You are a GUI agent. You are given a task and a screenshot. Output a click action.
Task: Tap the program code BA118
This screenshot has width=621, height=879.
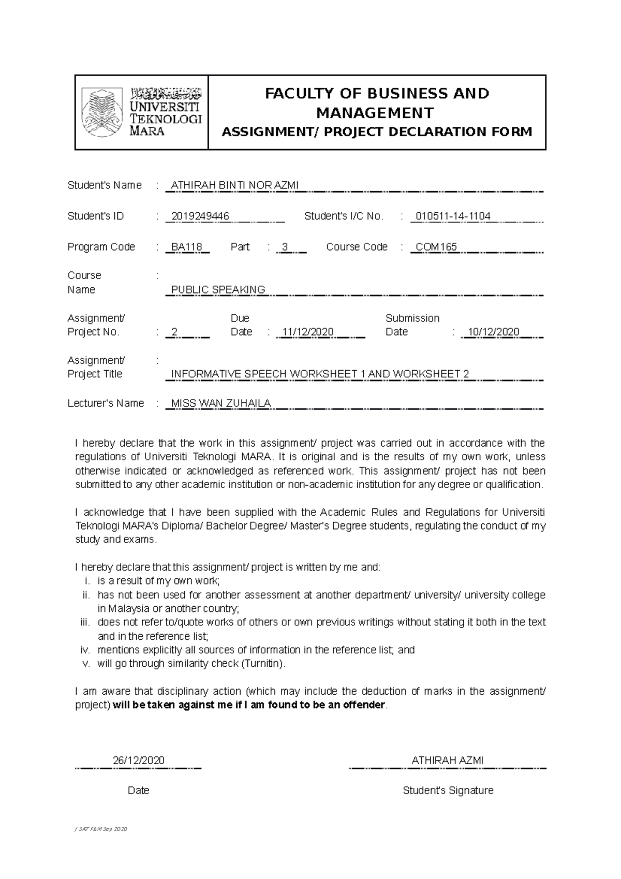pyautogui.click(x=186, y=247)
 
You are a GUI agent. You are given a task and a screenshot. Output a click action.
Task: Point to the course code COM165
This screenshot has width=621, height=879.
pyautogui.click(x=436, y=247)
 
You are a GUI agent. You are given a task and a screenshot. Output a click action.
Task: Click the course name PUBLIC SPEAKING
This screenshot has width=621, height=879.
pyautogui.click(x=218, y=289)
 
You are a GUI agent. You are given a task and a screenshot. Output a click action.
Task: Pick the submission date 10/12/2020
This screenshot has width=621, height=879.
pyautogui.click(x=493, y=332)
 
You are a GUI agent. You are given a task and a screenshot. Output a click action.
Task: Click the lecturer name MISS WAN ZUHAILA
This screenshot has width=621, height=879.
pyautogui.click(x=220, y=403)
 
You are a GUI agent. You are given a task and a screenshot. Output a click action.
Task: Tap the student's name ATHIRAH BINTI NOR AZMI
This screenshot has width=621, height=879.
pyautogui.click(x=234, y=185)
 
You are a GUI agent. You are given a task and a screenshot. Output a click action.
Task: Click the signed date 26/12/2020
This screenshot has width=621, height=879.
pyautogui.click(x=138, y=760)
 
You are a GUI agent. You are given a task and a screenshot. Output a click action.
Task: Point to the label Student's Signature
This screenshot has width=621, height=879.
pyautogui.click(x=448, y=790)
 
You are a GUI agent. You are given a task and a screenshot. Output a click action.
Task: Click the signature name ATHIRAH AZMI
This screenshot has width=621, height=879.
pyautogui.click(x=447, y=760)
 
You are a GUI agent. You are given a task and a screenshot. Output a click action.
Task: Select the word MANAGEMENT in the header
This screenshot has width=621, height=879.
pyautogui.click(x=375, y=112)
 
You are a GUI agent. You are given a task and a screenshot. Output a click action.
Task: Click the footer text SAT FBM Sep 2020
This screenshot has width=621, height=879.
pyautogui.click(x=101, y=829)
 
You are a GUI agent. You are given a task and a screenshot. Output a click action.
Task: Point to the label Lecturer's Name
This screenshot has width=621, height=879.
pyautogui.click(x=106, y=403)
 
